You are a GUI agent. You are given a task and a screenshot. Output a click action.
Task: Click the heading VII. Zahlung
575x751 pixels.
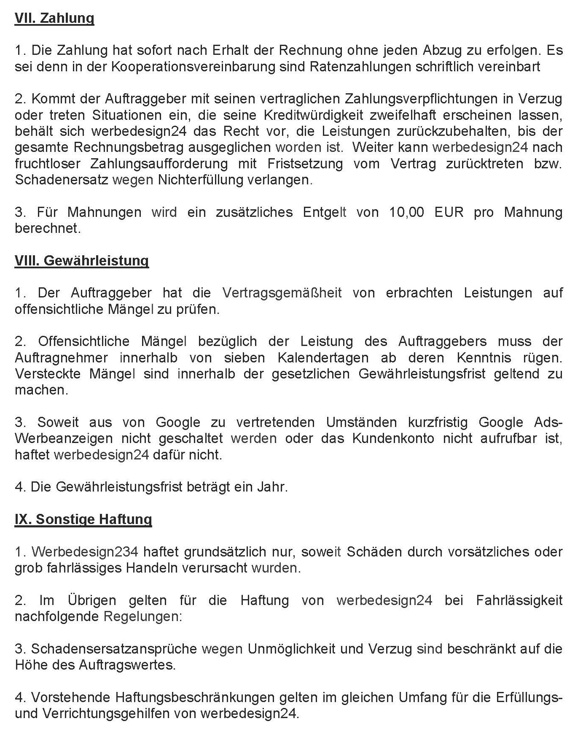pos(54,19)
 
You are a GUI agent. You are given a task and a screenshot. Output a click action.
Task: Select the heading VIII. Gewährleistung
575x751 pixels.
pos(82,261)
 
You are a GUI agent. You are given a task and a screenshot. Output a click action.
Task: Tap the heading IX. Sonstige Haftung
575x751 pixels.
pos(83,519)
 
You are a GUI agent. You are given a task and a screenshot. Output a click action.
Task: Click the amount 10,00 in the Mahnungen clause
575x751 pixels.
pos(406,212)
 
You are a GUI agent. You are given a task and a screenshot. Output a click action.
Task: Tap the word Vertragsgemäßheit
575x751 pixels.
pos(282,293)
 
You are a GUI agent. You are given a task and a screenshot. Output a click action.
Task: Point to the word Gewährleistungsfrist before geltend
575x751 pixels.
pos(422,374)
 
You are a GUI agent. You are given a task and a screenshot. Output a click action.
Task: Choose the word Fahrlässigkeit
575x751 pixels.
pos(519,600)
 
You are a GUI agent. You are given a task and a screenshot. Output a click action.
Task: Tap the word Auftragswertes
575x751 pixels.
pos(127,665)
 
